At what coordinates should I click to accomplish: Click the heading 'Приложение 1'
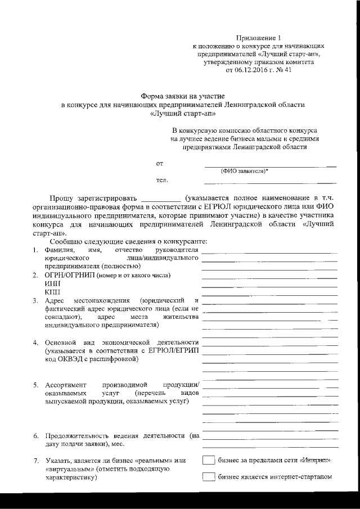coord(259,35)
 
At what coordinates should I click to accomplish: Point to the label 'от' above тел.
coord(160,164)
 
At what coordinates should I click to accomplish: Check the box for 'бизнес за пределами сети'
coord(209,461)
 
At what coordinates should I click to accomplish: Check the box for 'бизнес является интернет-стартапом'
coord(209,478)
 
